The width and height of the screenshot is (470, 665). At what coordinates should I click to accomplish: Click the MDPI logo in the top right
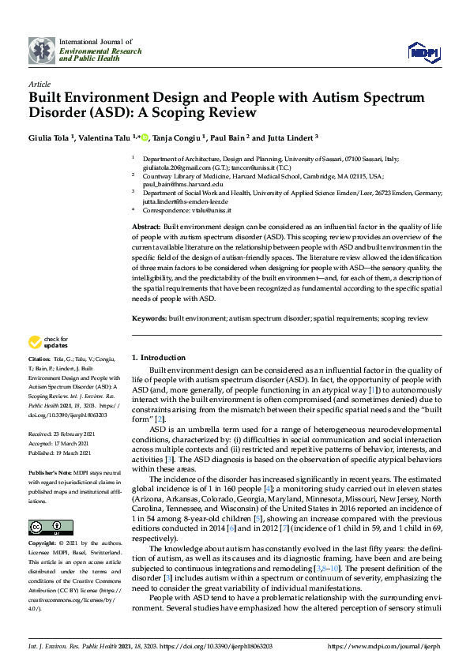pos(423,51)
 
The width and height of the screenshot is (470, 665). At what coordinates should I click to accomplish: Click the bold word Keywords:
pos(148,318)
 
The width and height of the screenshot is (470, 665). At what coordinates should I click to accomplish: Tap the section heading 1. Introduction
pos(158,357)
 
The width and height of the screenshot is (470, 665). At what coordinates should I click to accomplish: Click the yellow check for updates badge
pos(47,342)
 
